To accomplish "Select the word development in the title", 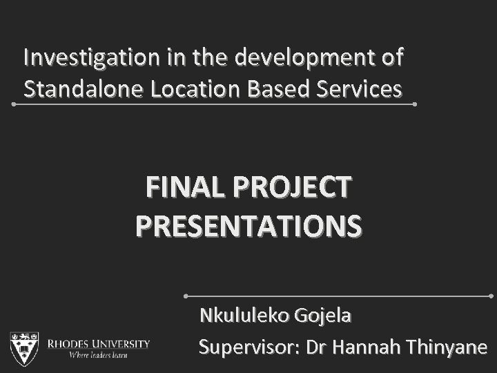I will (305, 57).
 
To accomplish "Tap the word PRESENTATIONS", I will (248, 225).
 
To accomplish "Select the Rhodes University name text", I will (98, 343).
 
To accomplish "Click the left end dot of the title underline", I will (14, 104).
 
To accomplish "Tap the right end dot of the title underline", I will (415, 104).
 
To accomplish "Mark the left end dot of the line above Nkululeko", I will (187, 296).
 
